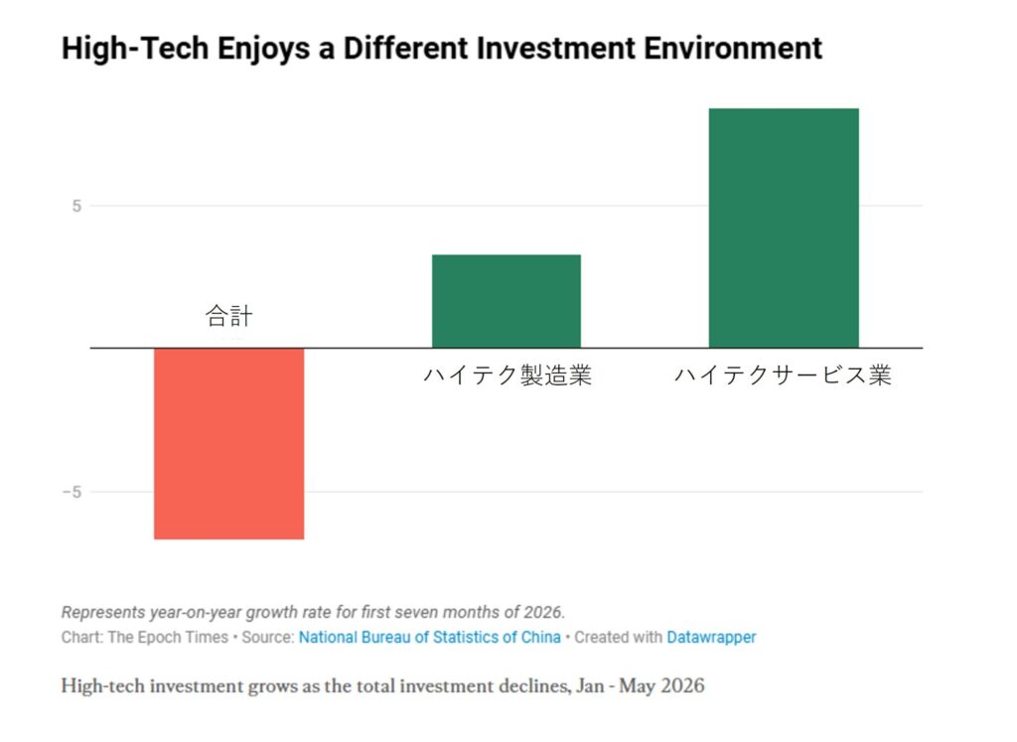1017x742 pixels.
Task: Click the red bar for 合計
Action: pyautogui.click(x=229, y=444)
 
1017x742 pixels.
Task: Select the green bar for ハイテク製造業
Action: pyautogui.click(x=507, y=302)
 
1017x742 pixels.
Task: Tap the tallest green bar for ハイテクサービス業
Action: pyautogui.click(x=784, y=228)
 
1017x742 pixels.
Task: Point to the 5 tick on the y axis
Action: pyautogui.click(x=76, y=207)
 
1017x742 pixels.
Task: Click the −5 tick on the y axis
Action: pyautogui.click(x=72, y=493)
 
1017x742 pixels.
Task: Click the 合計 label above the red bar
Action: pyautogui.click(x=229, y=316)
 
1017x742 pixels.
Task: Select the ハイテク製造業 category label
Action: pyautogui.click(x=508, y=374)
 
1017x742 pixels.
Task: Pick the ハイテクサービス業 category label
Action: pyautogui.click(x=784, y=374)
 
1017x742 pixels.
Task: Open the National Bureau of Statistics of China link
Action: pyautogui.click(x=429, y=638)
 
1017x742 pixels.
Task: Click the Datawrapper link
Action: pyautogui.click(x=711, y=638)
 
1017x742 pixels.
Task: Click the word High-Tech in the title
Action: pyautogui.click(x=135, y=49)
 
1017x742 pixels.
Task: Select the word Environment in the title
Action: pyautogui.click(x=733, y=49)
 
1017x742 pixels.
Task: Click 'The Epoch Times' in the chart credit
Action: pyautogui.click(x=168, y=638)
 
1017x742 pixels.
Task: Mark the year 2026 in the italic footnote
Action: pyautogui.click(x=544, y=612)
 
